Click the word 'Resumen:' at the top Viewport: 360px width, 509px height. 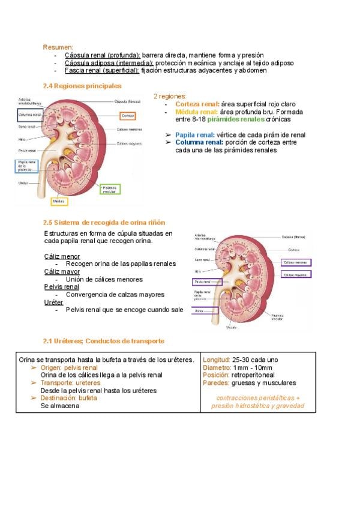(58, 47)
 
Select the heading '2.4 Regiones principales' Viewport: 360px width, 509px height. (82, 86)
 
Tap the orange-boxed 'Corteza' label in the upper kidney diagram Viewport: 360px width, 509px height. (127, 115)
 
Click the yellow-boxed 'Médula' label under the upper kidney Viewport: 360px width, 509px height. (59, 201)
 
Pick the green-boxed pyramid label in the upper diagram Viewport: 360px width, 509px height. (109, 189)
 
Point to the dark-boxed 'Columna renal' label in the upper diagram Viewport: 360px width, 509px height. (29, 114)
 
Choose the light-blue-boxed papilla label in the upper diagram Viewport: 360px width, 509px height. (26, 166)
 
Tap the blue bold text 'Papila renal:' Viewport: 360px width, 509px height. (194, 135)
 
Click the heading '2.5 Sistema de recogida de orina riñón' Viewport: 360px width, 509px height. (104, 223)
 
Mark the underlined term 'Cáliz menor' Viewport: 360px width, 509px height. (62, 256)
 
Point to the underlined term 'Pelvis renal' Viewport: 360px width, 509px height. (62, 287)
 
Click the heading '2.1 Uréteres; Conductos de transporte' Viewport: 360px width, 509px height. (103, 341)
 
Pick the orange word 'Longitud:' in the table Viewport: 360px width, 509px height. (217, 360)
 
